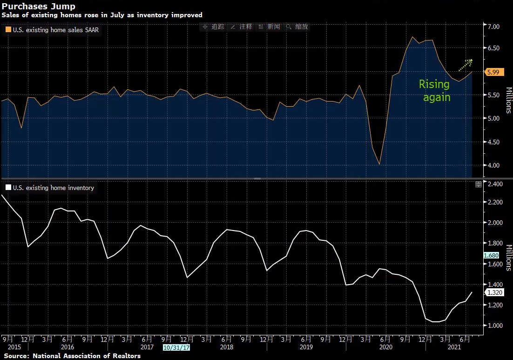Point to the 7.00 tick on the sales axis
493,27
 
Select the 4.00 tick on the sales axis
493,165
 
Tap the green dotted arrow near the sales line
465,65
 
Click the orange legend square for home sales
8,30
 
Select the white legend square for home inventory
8,188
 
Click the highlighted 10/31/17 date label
175,347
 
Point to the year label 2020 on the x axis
386,347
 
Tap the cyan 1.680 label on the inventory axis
491,255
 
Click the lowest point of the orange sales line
379,164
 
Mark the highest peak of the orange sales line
413,37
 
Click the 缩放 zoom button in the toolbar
298,27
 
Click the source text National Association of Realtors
86,356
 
